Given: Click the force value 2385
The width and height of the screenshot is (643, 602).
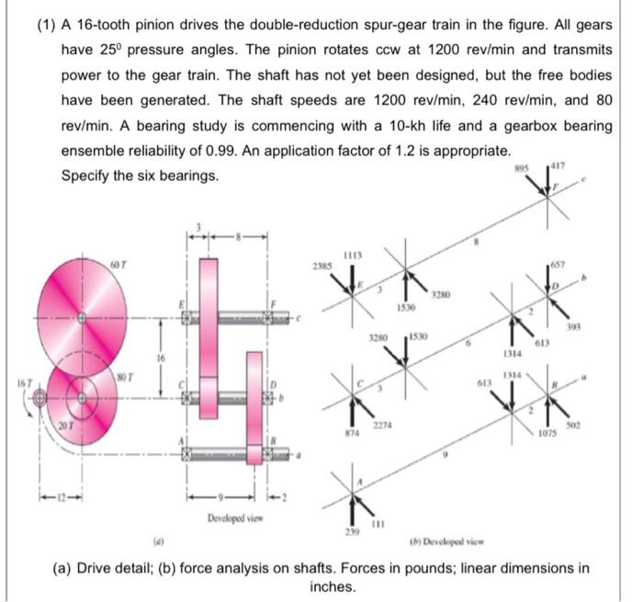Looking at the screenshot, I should [321, 267].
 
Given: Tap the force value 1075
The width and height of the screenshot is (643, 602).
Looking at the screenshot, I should [548, 428].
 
